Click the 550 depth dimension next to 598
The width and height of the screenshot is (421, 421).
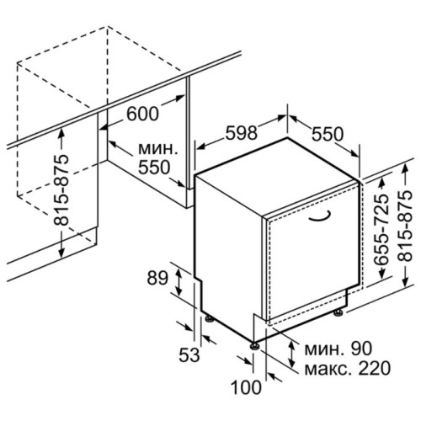[x=328, y=134]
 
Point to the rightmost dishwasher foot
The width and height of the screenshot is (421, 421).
[x=339, y=312]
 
